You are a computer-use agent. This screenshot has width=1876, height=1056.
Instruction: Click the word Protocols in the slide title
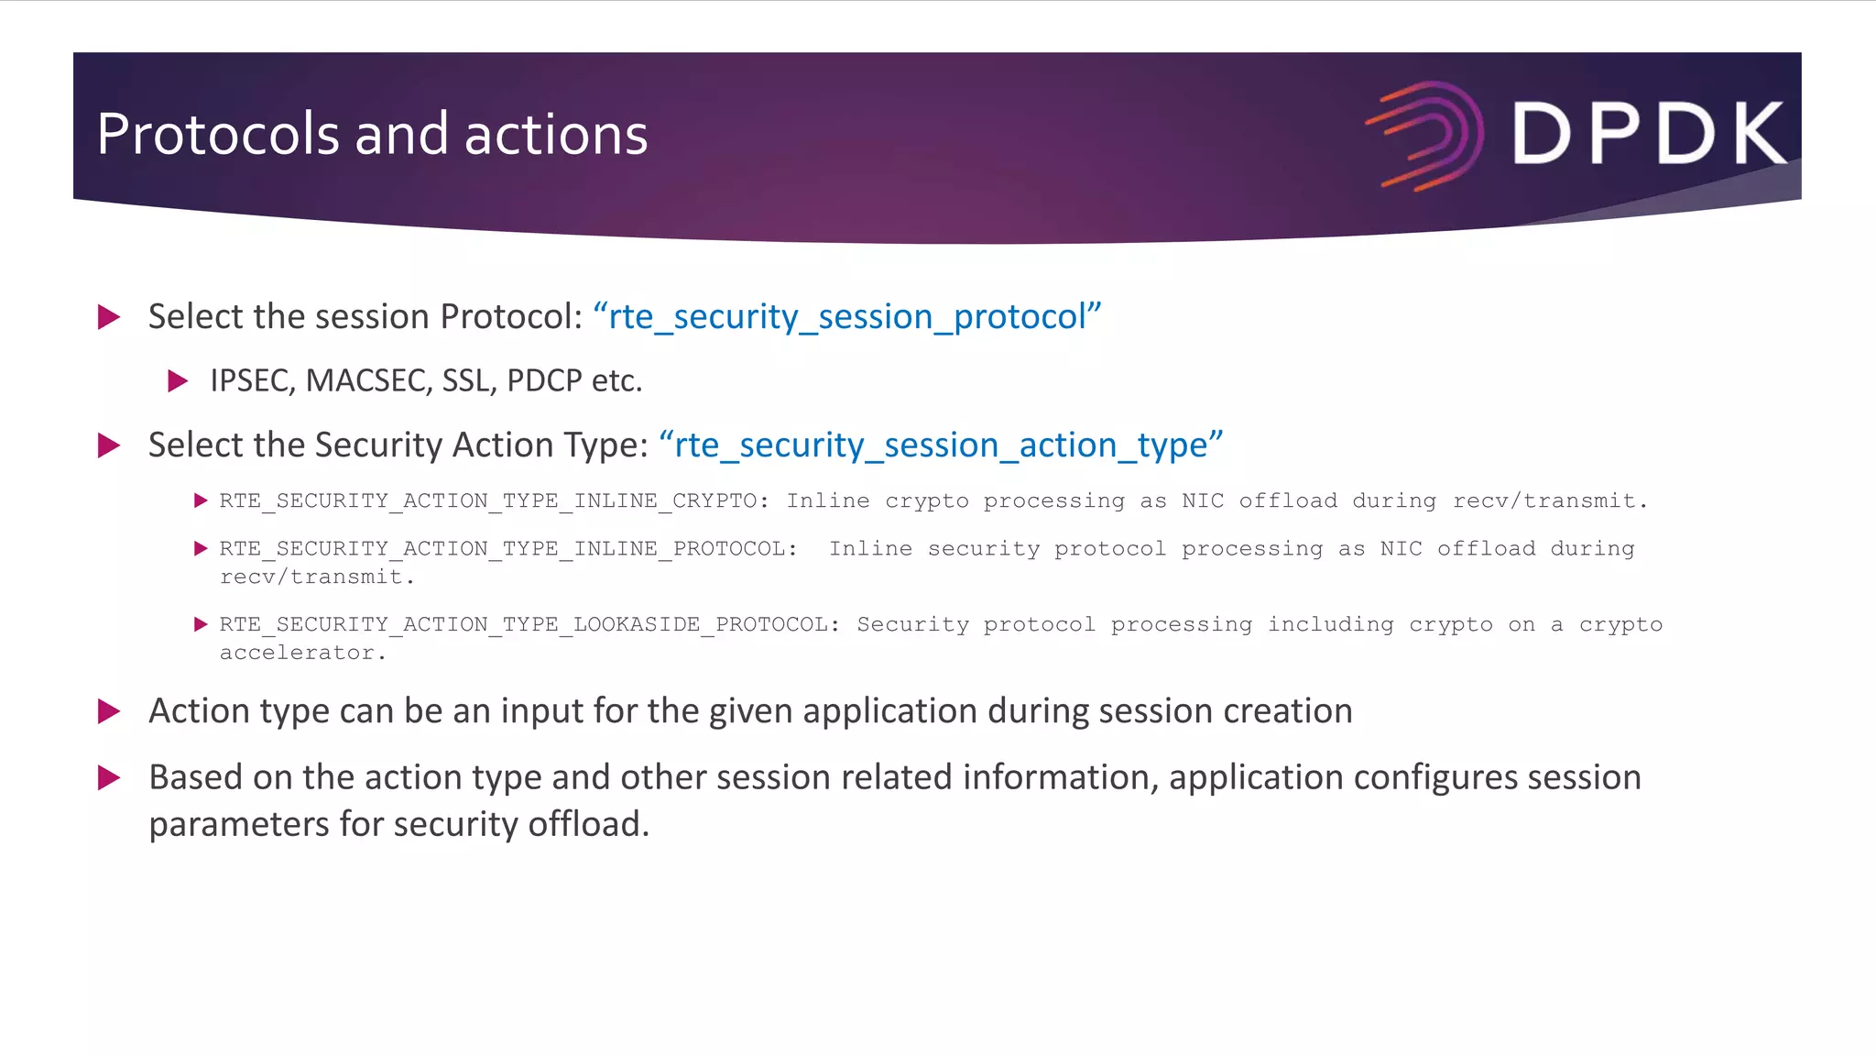pos(219,135)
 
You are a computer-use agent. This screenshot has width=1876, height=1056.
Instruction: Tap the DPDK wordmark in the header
pos(1648,134)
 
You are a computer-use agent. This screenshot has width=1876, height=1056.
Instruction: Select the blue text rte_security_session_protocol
pos(846,317)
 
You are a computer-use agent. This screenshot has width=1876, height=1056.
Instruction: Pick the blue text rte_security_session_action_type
pos(941,445)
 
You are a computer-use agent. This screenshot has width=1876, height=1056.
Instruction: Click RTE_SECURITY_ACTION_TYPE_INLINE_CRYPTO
pos(487,500)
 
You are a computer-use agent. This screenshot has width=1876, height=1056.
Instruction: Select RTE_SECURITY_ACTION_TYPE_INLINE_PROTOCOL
pos(502,548)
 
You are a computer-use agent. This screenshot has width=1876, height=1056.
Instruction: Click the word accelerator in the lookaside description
pos(298,653)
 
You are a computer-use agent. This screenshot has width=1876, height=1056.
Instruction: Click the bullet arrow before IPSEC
pos(178,380)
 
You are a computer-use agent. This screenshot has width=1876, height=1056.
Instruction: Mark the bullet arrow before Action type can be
pos(109,710)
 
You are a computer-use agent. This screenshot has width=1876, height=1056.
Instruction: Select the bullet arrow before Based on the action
pos(109,777)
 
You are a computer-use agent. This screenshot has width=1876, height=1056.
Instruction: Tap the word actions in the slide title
pos(556,135)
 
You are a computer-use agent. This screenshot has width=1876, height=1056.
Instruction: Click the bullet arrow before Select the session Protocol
pos(109,317)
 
